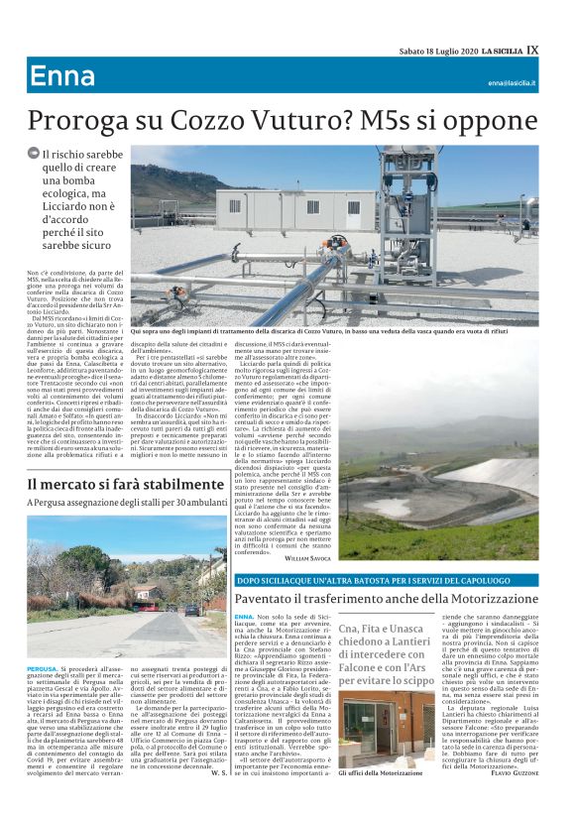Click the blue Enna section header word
[62, 76]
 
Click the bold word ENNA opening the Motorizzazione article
[244, 617]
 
